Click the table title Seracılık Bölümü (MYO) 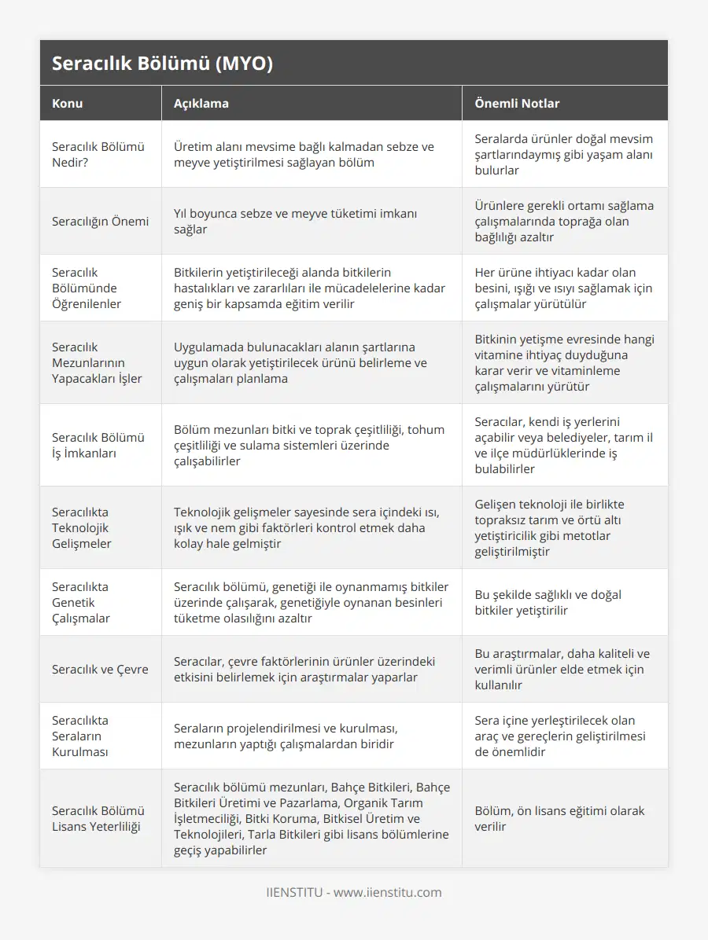tap(162, 64)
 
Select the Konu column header tap(68, 103)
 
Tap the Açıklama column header tap(201, 103)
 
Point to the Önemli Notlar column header tap(517, 103)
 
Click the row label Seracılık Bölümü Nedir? tap(98, 154)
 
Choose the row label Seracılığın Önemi tap(100, 221)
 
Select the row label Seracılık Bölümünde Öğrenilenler tap(87, 288)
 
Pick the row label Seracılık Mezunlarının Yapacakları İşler tap(97, 362)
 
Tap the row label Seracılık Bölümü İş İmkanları tap(98, 445)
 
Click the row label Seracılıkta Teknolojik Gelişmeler tap(82, 527)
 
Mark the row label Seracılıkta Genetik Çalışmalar tap(81, 602)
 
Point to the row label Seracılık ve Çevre tap(100, 669)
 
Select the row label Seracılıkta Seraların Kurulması tap(80, 736)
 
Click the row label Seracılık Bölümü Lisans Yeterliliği tap(98, 818)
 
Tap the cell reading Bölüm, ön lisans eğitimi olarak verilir tap(559, 818)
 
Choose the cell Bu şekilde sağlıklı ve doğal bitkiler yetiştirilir tap(548, 602)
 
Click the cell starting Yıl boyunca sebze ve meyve tap(296, 221)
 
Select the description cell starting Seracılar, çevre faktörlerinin tap(304, 669)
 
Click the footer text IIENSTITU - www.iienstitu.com tap(354, 892)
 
